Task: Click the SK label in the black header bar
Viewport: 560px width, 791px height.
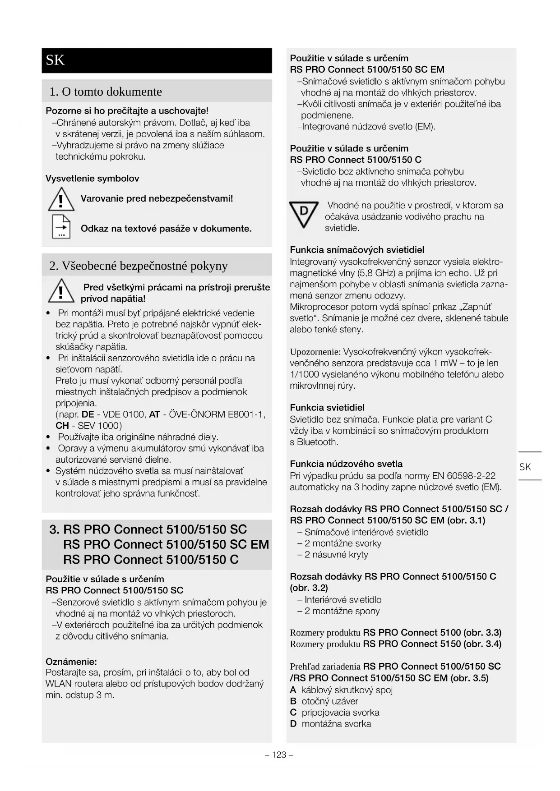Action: coord(55,60)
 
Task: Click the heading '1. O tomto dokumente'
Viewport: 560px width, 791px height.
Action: coord(106,92)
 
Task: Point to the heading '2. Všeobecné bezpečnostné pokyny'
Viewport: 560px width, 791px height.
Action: coord(138,266)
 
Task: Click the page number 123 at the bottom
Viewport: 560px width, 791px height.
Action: coord(279,755)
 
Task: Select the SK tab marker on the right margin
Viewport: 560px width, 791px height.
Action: coord(525,467)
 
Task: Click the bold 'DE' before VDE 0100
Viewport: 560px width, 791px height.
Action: coord(88,414)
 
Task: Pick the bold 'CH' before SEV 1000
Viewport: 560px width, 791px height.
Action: coord(62,426)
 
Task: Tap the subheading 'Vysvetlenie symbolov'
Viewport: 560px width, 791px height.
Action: coord(92,179)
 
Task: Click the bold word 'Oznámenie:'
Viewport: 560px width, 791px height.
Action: coord(71,662)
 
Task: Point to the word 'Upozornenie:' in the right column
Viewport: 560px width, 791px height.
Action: coord(315,352)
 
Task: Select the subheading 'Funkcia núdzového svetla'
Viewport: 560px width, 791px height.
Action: coord(346,464)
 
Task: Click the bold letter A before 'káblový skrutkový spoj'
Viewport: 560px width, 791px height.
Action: coord(293,690)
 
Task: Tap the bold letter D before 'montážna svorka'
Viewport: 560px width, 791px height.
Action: coord(293,724)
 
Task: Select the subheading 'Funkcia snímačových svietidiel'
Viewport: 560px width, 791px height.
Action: coord(357,250)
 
